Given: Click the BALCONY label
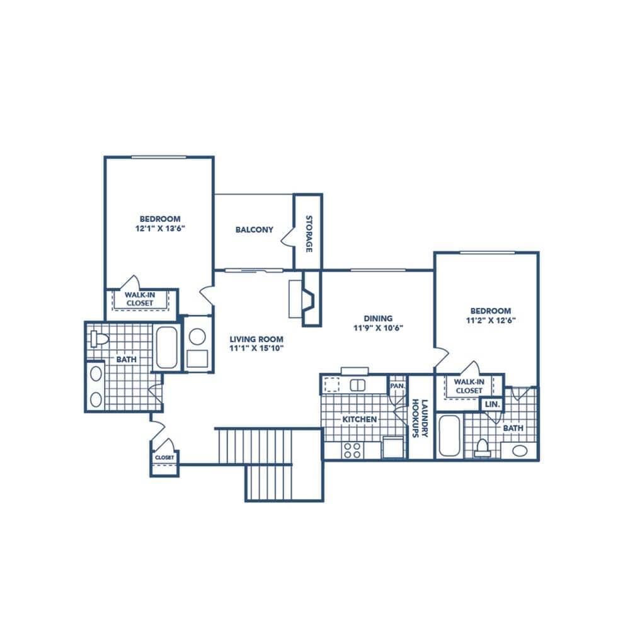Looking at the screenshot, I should tap(255, 230).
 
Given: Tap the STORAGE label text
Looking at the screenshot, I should tap(309, 234).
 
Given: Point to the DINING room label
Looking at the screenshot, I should tap(378, 319).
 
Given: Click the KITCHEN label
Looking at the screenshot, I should tap(360, 420).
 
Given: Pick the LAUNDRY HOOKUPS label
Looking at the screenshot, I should tap(420, 418).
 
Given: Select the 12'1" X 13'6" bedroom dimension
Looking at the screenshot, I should tap(160, 229).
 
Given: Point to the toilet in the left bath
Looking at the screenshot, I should tap(98, 339).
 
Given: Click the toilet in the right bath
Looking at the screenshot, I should tap(483, 446).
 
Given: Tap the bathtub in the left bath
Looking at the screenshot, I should tap(167, 347).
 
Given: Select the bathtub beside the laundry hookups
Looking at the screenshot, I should tap(449, 435).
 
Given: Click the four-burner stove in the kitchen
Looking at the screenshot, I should tap(352, 450).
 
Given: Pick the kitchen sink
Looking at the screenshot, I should tap(357, 385).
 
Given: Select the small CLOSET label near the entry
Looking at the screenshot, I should tap(164, 457).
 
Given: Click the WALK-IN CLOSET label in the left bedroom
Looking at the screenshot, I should tap(140, 299).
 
